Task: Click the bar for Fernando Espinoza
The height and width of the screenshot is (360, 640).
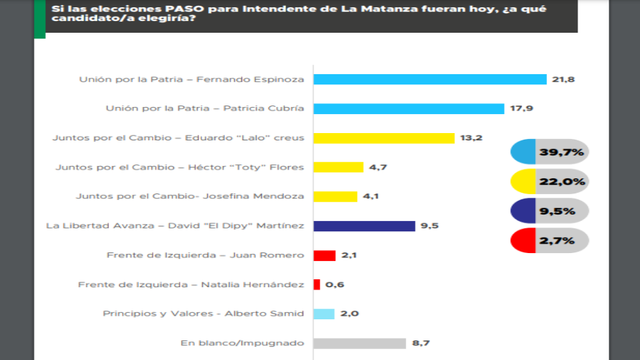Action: point(430,79)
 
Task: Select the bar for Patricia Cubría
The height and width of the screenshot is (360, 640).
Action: point(409,108)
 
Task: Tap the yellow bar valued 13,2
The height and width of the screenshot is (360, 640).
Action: point(384,137)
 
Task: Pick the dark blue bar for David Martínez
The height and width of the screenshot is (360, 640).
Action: point(364,225)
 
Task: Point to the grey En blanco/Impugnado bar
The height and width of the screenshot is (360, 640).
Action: point(359,343)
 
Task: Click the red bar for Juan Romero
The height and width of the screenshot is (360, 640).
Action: point(324,255)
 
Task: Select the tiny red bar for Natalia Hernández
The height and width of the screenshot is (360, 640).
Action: point(316,284)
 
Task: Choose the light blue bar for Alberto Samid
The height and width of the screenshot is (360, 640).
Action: point(324,313)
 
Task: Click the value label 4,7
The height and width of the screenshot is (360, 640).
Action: point(377,167)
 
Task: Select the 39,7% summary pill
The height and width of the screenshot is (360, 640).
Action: point(549,153)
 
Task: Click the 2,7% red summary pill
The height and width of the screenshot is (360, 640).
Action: point(549,239)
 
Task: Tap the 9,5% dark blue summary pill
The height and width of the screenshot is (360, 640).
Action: point(549,210)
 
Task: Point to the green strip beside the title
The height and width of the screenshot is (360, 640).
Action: point(39,15)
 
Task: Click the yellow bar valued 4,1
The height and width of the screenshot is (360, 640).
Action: point(335,196)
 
